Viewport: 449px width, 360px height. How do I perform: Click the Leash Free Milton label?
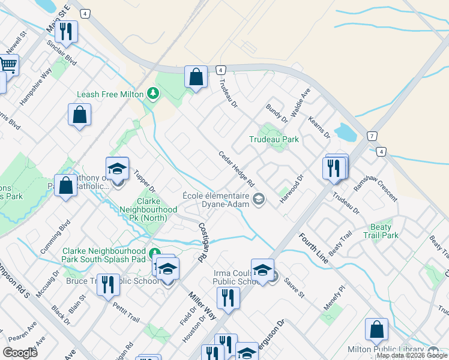(x=110, y=94)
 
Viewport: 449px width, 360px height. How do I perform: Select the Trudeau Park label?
(x=274, y=139)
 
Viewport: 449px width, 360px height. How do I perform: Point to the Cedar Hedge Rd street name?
(x=237, y=168)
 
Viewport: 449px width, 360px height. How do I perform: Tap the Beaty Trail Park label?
(x=381, y=232)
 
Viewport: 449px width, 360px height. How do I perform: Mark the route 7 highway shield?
(x=372, y=136)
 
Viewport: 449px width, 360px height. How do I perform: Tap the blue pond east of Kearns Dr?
(x=345, y=133)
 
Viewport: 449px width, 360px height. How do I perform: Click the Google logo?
(x=20, y=352)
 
